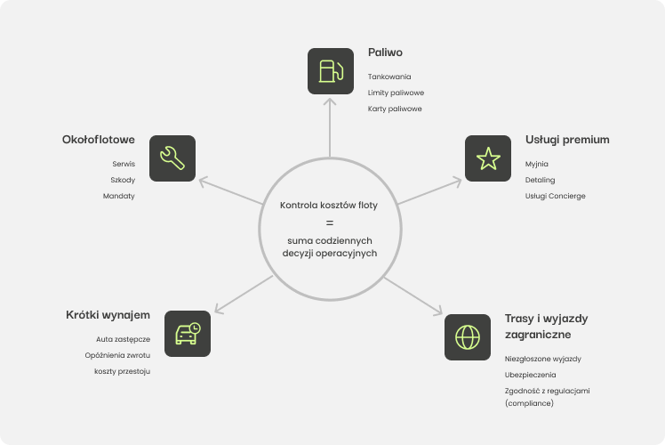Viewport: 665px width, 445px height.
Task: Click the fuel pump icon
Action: coord(330,71)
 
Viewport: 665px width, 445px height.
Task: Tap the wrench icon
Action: coord(172,158)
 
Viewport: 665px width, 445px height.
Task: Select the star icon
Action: coord(488,158)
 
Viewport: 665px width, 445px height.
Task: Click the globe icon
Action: coord(467,336)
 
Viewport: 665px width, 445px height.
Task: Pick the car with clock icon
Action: coord(188,334)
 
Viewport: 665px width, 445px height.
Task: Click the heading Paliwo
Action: coord(385,53)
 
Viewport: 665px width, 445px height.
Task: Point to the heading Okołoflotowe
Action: coord(98,140)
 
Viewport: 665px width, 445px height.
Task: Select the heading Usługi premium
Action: coord(567,140)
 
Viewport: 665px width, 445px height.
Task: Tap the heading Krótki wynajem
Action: coord(108,315)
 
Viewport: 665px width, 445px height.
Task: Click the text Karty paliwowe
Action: coord(395,109)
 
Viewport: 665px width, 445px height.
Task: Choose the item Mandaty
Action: coord(118,196)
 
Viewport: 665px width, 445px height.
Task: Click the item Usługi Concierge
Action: coord(556,196)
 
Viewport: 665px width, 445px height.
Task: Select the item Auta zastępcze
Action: coord(124,339)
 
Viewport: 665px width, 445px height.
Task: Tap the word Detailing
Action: coord(540,180)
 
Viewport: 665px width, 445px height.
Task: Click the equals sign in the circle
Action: coord(329,222)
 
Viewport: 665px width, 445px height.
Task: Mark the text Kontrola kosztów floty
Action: coord(329,206)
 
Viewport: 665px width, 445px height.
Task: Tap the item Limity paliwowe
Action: coord(396,93)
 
